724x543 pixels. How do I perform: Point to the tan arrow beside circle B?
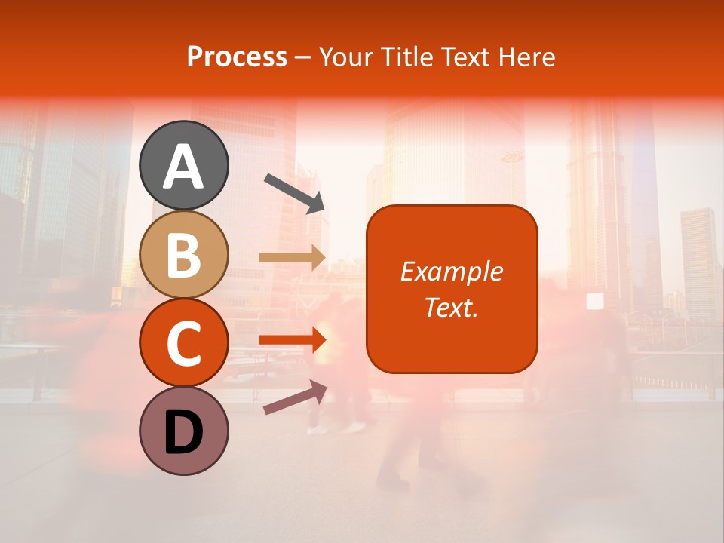pyautogui.click(x=293, y=258)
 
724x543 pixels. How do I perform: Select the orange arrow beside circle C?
pyautogui.click(x=293, y=340)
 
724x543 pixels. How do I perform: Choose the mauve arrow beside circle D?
pyautogui.click(x=295, y=397)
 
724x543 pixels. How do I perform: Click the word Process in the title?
pyautogui.click(x=237, y=57)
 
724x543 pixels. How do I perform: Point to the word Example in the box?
pyautogui.click(x=451, y=271)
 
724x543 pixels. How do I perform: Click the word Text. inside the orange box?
pyautogui.click(x=451, y=307)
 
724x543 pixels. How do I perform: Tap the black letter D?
pyautogui.click(x=184, y=433)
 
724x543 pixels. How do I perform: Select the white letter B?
pyautogui.click(x=184, y=255)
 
